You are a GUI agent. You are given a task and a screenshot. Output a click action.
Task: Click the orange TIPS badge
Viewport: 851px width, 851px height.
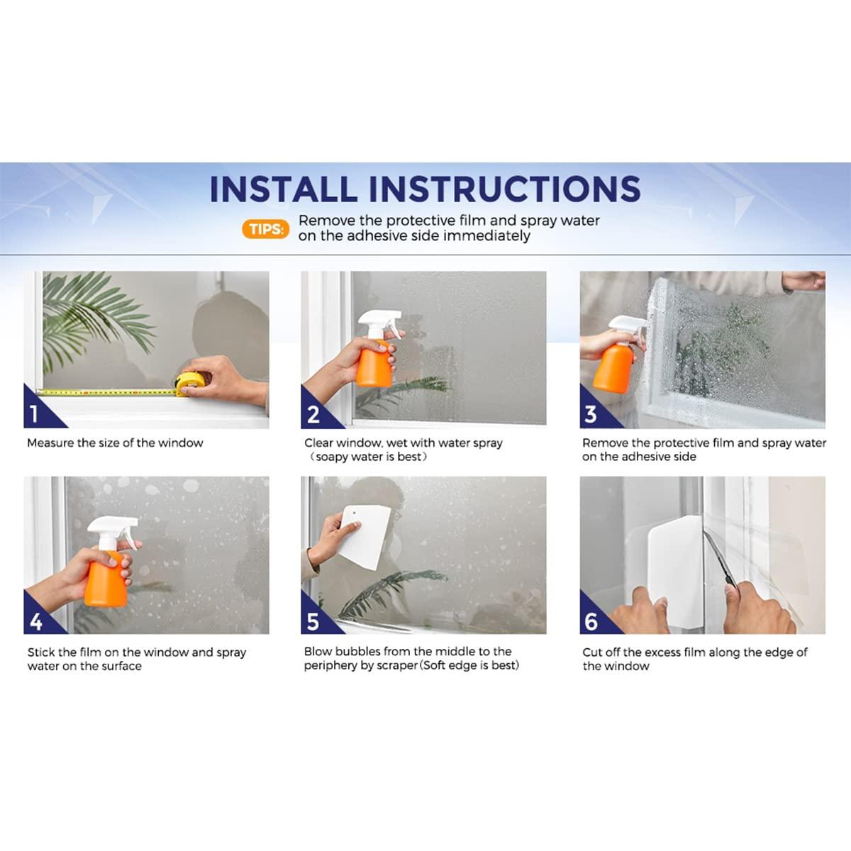[265, 229]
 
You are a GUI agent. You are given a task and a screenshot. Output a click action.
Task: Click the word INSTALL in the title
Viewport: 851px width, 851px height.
[283, 189]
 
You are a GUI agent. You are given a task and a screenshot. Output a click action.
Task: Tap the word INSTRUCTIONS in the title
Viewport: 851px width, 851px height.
[504, 189]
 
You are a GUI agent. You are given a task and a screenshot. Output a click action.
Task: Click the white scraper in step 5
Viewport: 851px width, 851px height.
[365, 537]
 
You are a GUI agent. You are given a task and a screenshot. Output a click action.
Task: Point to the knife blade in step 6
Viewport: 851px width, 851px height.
[719, 559]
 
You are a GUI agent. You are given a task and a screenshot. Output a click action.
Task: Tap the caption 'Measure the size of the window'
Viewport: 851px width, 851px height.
[115, 443]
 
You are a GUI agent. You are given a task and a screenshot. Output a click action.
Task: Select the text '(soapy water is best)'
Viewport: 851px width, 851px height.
[367, 457]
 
